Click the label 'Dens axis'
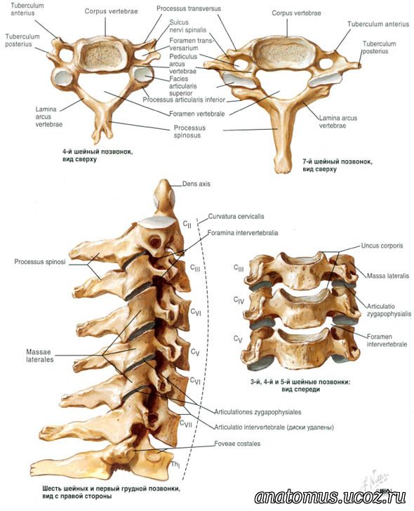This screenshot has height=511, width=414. tap(196, 184)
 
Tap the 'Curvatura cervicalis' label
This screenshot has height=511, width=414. tap(236, 216)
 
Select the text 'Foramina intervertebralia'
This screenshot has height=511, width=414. tap(243, 233)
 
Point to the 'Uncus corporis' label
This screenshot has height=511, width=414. tap(382, 246)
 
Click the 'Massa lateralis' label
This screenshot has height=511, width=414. tap(387, 276)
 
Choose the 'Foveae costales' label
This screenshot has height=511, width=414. tap(237, 444)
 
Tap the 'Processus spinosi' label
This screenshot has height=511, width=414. tap(40, 262)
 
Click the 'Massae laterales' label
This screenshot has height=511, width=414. tap(40, 356)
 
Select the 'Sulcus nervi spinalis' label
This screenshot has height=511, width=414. tap(188, 26)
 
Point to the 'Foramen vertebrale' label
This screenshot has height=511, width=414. tap(196, 114)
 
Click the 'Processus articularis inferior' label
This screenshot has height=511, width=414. tap(184, 100)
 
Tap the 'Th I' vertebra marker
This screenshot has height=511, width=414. tap(175, 465)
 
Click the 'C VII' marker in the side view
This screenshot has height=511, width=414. tap(186, 423)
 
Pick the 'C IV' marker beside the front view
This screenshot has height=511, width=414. tap(239, 300)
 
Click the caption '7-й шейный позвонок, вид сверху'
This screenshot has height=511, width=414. tap(338, 165)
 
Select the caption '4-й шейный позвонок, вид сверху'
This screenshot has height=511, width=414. tap(98, 155)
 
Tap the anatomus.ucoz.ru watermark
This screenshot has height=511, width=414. tap(330, 497)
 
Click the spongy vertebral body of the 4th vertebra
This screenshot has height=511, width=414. tap(103, 53)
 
